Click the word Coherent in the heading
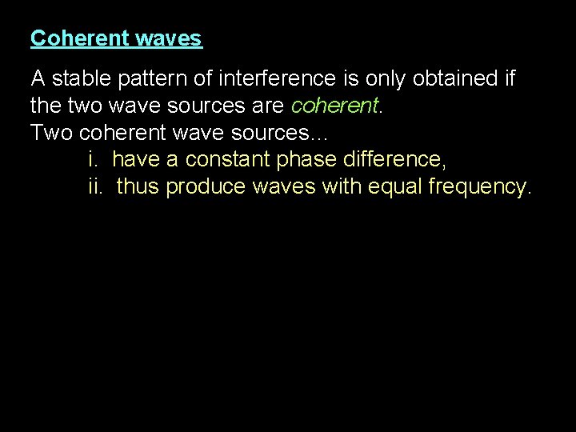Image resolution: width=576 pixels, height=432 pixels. tap(69, 38)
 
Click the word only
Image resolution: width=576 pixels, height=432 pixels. tap(384, 79)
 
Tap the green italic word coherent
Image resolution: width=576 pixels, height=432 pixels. tap(333, 106)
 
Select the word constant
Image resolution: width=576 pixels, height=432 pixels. tap(227, 159)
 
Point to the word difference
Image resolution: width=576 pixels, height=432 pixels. tap(394, 159)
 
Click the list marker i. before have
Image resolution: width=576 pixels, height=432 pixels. tap(93, 159)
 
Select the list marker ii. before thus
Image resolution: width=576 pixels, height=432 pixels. tap(96, 186)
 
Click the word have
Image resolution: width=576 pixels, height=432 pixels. tap(137, 159)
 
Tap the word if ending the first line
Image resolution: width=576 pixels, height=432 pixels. tap(509, 79)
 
